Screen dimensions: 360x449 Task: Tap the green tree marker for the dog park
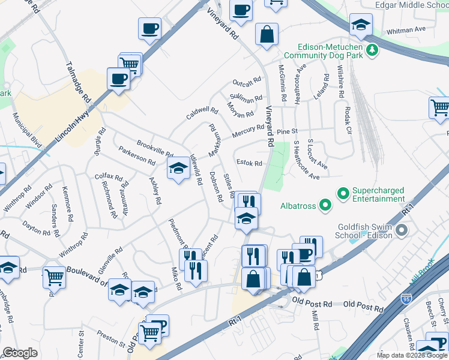pos(372,49)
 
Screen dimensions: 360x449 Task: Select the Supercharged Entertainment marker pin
pos(343,194)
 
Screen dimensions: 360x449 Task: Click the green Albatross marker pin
pos(325,206)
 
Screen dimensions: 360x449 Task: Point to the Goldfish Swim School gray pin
pos(402,230)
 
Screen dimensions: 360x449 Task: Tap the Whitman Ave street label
pos(406,29)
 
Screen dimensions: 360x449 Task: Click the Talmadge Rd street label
pos(79,82)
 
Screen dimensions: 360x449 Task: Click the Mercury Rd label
pos(248,129)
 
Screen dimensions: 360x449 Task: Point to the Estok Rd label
pos(249,163)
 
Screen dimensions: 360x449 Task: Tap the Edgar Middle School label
pos(411,5)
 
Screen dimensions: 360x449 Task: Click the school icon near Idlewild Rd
pos(178,169)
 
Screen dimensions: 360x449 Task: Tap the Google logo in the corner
pos(20,353)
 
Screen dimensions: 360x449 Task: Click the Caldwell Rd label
pos(202,112)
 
